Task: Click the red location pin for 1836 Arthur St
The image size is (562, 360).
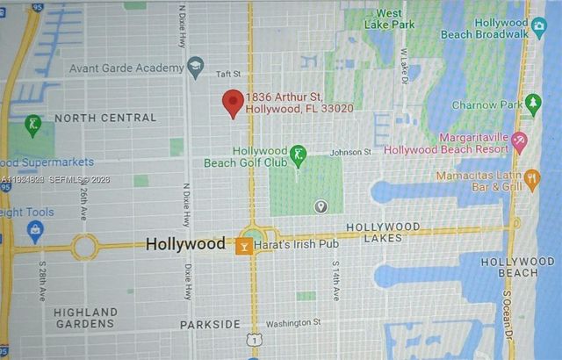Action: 233,102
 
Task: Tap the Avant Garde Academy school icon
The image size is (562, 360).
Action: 195,67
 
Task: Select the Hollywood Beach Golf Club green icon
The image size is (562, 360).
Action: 298,156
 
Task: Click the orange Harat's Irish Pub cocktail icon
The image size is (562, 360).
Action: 244,245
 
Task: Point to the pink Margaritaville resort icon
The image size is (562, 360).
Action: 519,140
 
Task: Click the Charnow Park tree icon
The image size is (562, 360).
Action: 533,104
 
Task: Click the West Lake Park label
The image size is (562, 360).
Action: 390,18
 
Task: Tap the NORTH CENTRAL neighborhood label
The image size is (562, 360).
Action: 105,118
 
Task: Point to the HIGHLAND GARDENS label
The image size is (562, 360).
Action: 85,318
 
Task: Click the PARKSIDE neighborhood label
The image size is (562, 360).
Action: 210,324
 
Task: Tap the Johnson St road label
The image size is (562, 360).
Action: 350,152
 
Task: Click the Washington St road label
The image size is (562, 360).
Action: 293,323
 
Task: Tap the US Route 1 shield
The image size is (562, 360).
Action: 253,339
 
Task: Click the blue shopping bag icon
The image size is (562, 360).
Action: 36,232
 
